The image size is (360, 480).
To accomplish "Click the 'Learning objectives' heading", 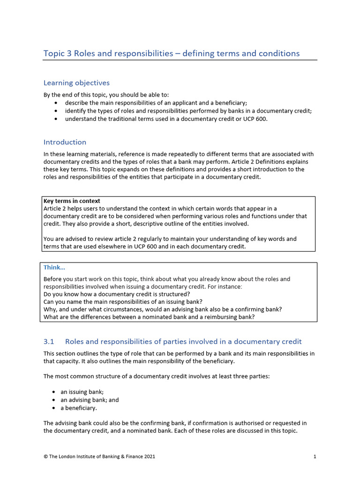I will pyautogui.click(x=76, y=83).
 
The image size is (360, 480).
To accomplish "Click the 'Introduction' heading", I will pyautogui.click(x=65, y=142).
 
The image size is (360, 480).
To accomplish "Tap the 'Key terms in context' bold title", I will pyautogui.click(x=72, y=201).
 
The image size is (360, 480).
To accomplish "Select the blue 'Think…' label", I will pyautogui.click(x=54, y=268).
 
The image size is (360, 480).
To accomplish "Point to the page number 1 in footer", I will pyautogui.click(x=315, y=456).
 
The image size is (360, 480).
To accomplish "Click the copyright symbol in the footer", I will pyautogui.click(x=45, y=456).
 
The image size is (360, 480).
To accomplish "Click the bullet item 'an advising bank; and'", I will pyautogui.click(x=90, y=400).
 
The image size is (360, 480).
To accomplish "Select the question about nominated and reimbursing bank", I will pyautogui.click(x=149, y=317).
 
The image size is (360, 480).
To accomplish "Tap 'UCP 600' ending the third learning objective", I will pyautogui.click(x=255, y=119).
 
